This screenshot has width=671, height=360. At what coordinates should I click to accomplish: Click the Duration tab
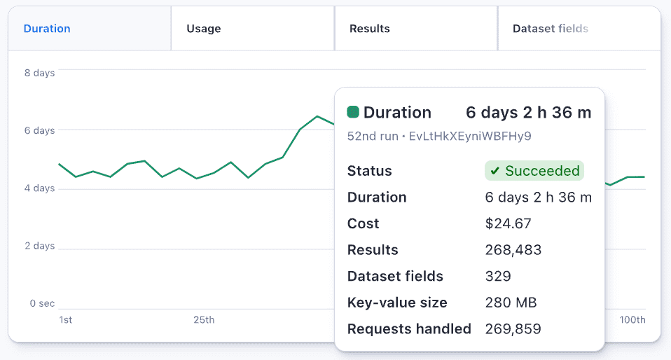[47, 29]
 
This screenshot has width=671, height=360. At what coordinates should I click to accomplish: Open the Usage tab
[203, 29]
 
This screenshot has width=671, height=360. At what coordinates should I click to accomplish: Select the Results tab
[369, 29]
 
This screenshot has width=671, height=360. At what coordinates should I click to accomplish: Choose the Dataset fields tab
[550, 29]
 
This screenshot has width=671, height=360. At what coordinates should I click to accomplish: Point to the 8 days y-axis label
[39, 73]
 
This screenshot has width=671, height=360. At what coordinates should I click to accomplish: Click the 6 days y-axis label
[39, 130]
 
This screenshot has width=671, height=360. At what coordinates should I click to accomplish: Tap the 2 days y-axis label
[39, 246]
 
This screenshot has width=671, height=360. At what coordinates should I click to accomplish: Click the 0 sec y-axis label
[41, 303]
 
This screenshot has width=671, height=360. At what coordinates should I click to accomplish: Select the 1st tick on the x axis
[65, 320]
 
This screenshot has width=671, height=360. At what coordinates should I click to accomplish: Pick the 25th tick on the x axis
[204, 320]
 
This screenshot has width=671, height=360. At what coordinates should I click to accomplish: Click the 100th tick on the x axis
[632, 320]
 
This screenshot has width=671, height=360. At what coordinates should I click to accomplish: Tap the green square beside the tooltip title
[353, 112]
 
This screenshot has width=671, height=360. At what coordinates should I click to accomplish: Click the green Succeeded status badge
[534, 171]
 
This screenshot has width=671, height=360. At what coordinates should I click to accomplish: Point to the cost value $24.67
[508, 223]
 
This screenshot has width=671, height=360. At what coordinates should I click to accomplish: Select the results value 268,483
[513, 250]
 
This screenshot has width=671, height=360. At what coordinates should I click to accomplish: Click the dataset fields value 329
[498, 276]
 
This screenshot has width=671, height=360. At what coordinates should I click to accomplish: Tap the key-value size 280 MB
[511, 303]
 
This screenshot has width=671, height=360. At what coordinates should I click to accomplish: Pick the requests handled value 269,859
[513, 328]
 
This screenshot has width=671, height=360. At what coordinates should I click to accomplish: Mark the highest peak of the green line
[317, 116]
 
